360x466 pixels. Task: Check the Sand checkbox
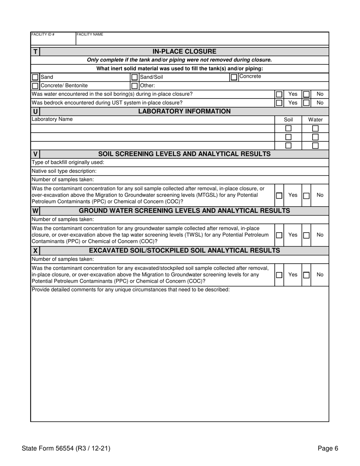click(35, 77)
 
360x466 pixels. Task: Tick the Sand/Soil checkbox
click(135, 77)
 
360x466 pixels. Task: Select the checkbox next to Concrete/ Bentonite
click(35, 86)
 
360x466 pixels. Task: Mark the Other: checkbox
click(135, 86)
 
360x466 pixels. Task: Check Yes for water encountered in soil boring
click(279, 94)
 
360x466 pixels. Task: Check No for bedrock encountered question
click(307, 103)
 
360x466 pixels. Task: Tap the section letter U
click(35, 112)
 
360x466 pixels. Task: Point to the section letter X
click(35, 251)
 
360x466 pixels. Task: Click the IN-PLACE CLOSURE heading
click(184, 52)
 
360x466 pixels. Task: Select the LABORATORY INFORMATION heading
click(184, 111)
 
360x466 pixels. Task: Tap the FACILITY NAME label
click(90, 34)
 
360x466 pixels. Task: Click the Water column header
click(315, 120)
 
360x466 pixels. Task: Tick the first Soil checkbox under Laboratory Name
click(288, 128)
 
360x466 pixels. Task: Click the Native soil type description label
click(64, 171)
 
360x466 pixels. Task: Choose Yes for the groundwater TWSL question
click(279, 235)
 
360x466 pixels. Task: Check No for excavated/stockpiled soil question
click(307, 275)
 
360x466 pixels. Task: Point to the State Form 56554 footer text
click(66, 449)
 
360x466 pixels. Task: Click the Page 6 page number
click(328, 449)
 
